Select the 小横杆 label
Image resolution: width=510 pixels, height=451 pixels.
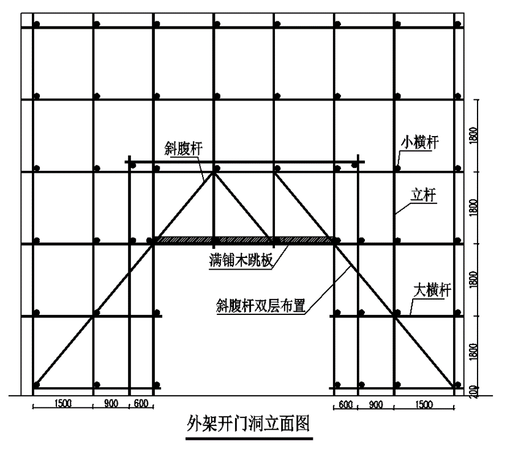coord(420,142)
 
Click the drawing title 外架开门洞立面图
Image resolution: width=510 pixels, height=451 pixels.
coord(250,423)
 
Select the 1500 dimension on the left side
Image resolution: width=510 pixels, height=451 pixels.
coord(62,404)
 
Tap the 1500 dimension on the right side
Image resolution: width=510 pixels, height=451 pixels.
coord(424,404)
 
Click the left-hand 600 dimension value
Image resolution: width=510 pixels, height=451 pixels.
coord(140,404)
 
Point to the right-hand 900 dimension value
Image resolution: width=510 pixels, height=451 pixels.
coord(376,404)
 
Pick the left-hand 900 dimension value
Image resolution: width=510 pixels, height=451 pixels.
coord(110,404)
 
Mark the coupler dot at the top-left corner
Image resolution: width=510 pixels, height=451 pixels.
coord(37,25)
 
